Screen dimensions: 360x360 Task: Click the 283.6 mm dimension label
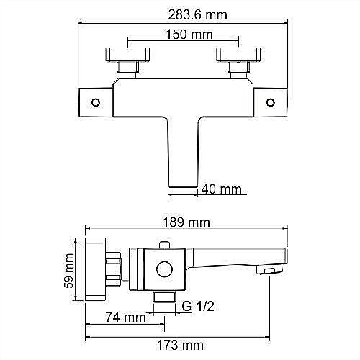197,15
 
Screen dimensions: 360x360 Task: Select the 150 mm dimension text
189,35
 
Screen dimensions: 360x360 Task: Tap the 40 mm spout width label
221,189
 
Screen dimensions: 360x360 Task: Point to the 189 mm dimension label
186,222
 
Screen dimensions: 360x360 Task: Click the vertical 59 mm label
69,271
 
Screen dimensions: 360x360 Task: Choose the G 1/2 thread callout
198,306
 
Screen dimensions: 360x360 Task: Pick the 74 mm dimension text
126,318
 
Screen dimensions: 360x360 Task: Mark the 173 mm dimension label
180,346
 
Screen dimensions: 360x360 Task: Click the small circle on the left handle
96,102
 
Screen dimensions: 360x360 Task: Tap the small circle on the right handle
271,102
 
